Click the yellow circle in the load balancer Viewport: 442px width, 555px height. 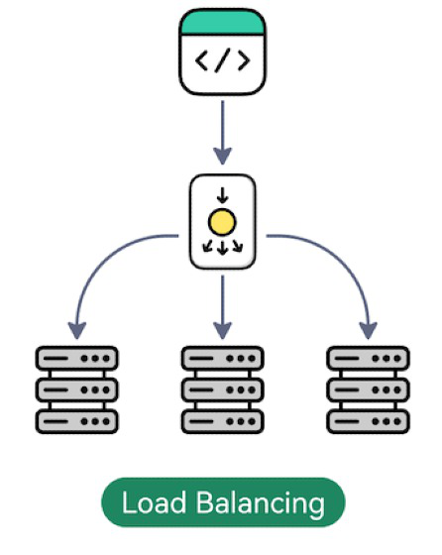(x=222, y=222)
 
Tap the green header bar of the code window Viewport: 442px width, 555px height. (x=222, y=22)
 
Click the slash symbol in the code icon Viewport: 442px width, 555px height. (x=223, y=60)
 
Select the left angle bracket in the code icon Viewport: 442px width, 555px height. (x=202, y=60)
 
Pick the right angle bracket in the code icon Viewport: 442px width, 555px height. (x=244, y=60)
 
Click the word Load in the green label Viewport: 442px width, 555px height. (x=154, y=501)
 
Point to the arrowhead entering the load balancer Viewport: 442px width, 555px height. (x=223, y=156)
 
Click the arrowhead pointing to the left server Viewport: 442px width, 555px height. (x=77, y=331)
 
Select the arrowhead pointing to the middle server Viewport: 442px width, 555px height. (x=223, y=331)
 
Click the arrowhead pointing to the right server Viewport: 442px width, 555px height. (x=368, y=331)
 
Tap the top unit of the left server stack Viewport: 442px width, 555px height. (x=76, y=358)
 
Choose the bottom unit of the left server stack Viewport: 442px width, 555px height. (x=76, y=421)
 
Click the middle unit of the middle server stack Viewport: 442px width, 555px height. (x=223, y=389)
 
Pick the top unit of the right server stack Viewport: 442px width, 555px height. (x=368, y=358)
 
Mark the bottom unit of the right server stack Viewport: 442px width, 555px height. (x=368, y=421)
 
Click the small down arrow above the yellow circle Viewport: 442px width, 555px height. (x=222, y=195)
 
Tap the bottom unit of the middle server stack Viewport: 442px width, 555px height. (x=223, y=421)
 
